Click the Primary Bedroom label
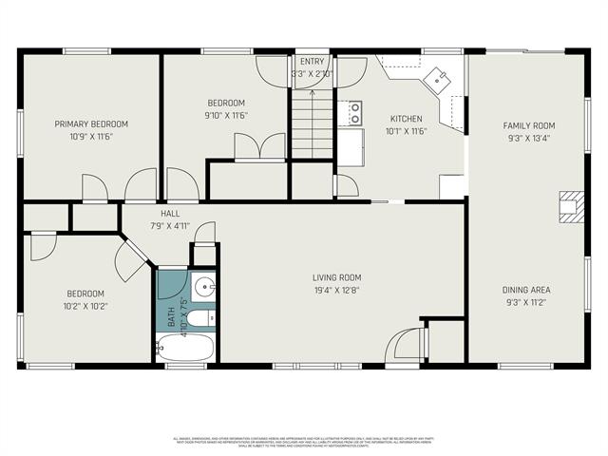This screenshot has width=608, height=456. pyautogui.click(x=90, y=124)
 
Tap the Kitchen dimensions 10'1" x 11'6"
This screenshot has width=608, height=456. pyautogui.click(x=406, y=131)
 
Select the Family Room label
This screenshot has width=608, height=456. pyautogui.click(x=528, y=125)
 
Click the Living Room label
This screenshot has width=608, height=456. pyautogui.click(x=337, y=277)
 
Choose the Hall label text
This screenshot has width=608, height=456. pyautogui.click(x=170, y=214)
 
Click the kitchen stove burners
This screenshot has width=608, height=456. pyautogui.click(x=354, y=113)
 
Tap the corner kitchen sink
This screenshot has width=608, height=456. pyautogui.click(x=440, y=80)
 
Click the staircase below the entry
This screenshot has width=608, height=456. pyautogui.click(x=311, y=124)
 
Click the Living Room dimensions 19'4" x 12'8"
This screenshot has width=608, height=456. pyautogui.click(x=337, y=291)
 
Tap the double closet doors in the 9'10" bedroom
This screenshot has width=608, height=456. pyautogui.click(x=259, y=146)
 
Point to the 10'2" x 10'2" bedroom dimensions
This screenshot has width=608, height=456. pyautogui.click(x=85, y=307)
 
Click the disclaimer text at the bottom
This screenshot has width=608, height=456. pyautogui.click(x=304, y=441)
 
